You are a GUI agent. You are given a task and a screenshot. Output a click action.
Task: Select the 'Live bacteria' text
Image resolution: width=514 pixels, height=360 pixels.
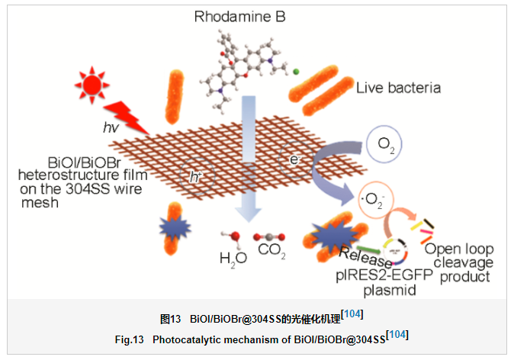point(398,88)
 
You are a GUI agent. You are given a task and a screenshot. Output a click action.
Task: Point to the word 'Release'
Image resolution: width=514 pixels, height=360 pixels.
point(365,253)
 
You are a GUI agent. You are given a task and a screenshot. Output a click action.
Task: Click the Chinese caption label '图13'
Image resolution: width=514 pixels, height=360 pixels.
point(169,317)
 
